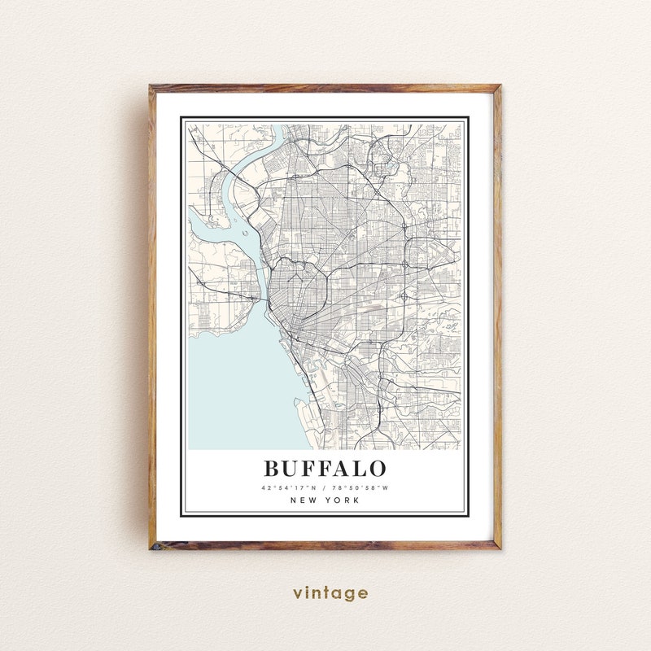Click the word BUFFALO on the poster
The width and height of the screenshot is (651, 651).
325,469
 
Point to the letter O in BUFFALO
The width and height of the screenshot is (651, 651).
376,469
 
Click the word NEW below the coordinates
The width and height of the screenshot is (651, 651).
303,500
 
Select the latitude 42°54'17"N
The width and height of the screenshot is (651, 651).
288,487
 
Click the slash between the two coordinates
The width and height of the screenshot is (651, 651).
325,487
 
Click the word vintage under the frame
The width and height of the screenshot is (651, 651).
330,593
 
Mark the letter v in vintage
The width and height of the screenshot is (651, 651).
298,593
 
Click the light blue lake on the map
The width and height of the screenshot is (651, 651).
236,382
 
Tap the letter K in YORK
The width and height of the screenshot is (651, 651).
356,500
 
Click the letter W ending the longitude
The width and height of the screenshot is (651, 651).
387,487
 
